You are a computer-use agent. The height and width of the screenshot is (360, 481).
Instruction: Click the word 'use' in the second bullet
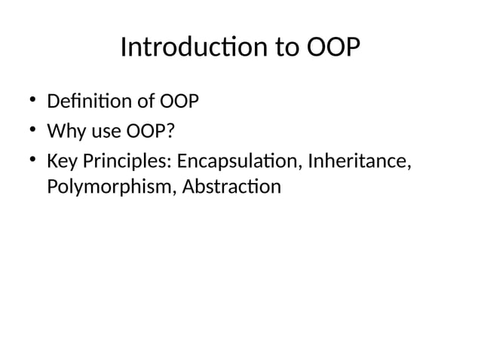(102, 133)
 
